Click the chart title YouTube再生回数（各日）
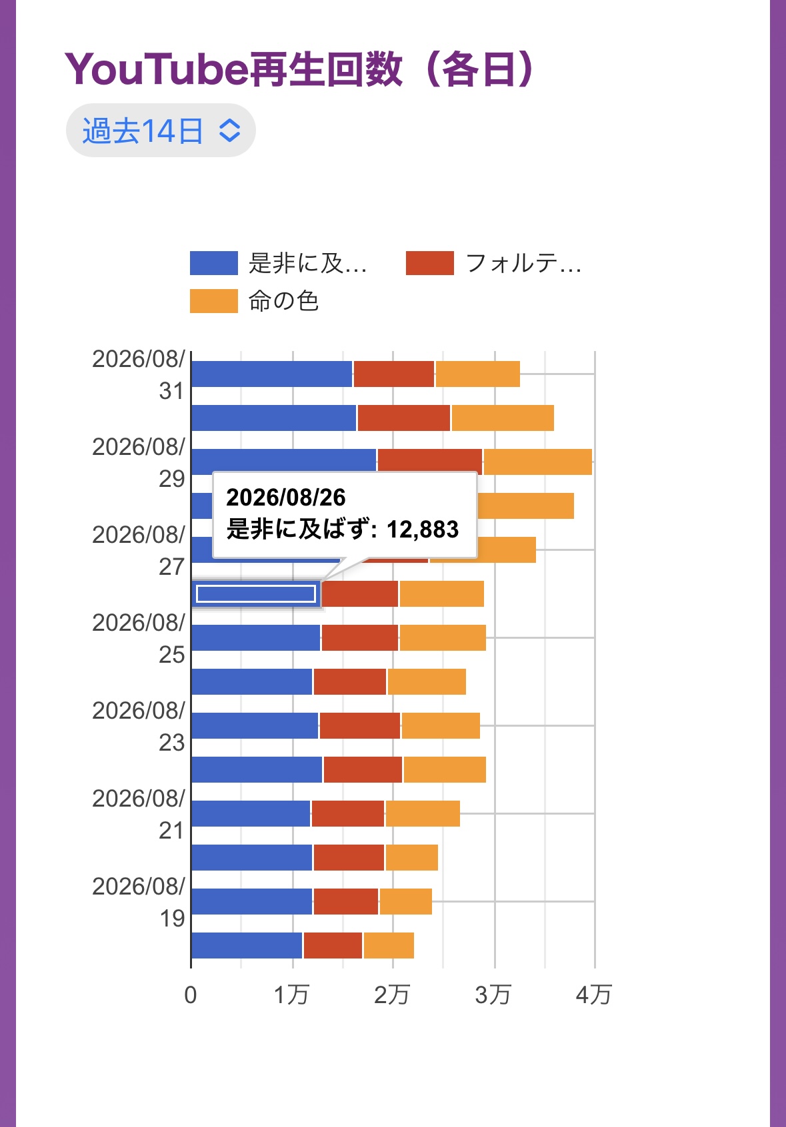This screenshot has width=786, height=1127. click(x=299, y=69)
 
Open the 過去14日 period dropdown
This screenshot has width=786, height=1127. click(x=161, y=131)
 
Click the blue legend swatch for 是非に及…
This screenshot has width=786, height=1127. click(x=213, y=263)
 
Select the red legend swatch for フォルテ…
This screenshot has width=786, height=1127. click(x=429, y=263)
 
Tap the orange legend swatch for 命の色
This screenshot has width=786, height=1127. click(x=213, y=301)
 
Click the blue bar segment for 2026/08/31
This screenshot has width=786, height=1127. click(x=272, y=374)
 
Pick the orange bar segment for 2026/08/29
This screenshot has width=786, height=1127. click(x=538, y=462)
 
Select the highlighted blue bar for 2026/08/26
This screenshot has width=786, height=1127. click(x=256, y=593)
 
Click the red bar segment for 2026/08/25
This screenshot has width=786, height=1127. click(x=360, y=637)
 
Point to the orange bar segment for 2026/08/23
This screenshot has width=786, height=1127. click(x=441, y=725)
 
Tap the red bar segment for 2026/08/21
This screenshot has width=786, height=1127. click(x=348, y=813)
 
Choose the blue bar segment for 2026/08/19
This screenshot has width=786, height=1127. click(x=252, y=902)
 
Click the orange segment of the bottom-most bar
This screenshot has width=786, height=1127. click(x=389, y=945)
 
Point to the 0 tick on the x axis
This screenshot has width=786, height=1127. click(x=190, y=995)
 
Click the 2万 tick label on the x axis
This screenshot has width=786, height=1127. click(x=392, y=995)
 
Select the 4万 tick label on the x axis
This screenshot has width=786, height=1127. click(x=594, y=995)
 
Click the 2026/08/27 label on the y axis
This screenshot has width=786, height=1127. click(x=139, y=550)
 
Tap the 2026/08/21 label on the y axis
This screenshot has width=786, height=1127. click(x=139, y=814)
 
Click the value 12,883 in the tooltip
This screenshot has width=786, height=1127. click(x=423, y=530)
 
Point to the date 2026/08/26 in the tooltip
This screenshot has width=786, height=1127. click(x=286, y=497)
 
